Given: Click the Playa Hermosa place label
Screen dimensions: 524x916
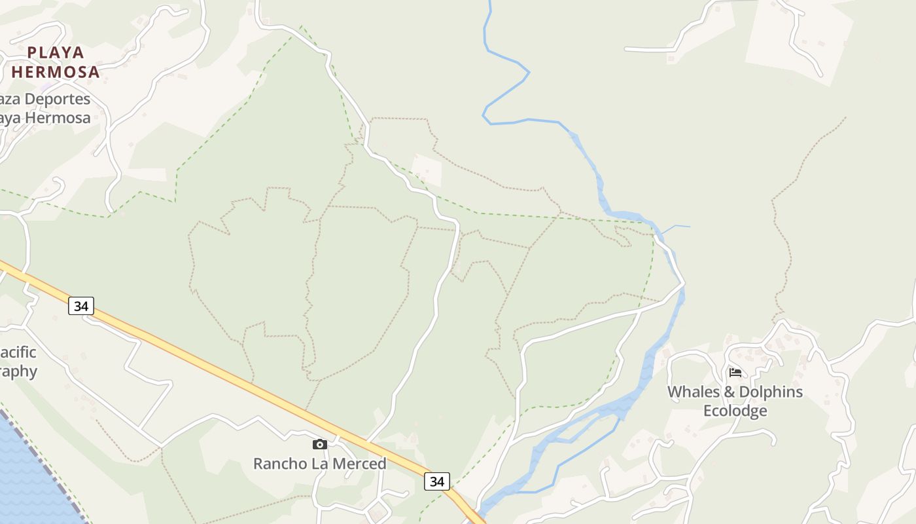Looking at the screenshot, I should click(x=56, y=62).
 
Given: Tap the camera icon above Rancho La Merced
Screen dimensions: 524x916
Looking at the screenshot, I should click(x=319, y=445).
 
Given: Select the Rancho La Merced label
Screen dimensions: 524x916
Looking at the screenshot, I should click(x=319, y=464).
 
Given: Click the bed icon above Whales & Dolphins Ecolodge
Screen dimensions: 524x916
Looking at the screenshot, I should click(x=735, y=373).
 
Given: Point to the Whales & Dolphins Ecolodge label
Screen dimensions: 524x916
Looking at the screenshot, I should click(x=735, y=401).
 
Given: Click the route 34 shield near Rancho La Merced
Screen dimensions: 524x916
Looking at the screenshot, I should click(x=437, y=481).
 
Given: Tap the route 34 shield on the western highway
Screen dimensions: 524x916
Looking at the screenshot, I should click(x=81, y=306).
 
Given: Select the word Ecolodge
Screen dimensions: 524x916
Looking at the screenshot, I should click(x=735, y=411).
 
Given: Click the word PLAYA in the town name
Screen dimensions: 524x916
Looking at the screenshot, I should click(x=56, y=52).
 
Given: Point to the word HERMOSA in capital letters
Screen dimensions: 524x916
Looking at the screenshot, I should click(x=56, y=72).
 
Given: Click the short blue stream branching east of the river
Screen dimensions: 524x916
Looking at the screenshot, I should click(x=677, y=227).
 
